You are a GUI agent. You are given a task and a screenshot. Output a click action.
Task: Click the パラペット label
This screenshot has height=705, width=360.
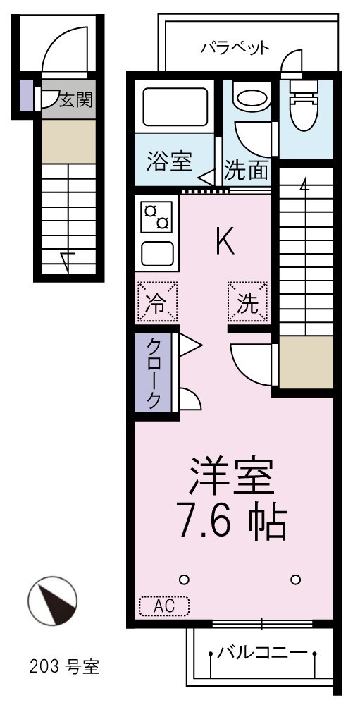click(235, 49)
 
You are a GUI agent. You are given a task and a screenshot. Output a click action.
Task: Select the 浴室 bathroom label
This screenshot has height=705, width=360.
click(169, 161)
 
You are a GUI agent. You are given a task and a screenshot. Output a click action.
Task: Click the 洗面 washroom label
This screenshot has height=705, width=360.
click(247, 169)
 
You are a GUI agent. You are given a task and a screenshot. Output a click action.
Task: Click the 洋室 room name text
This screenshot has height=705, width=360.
click(229, 479)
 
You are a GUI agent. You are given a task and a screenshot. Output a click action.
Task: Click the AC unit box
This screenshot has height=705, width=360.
click(164, 606)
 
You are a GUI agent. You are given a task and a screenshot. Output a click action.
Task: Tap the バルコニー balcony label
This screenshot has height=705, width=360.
click(261, 651)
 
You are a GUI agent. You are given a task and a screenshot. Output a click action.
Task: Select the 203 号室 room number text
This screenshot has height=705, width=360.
click(65, 666)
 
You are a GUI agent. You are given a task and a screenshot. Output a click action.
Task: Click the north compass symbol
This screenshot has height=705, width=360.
click(52, 602)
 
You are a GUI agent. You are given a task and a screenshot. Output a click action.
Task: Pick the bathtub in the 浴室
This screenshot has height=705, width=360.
click(173, 107)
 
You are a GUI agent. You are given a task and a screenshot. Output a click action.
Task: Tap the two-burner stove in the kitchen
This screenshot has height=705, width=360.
click(156, 216)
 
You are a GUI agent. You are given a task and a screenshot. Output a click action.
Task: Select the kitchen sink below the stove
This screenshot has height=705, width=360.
click(156, 252)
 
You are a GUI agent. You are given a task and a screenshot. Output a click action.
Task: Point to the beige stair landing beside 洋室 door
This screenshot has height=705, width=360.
click(306, 362)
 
